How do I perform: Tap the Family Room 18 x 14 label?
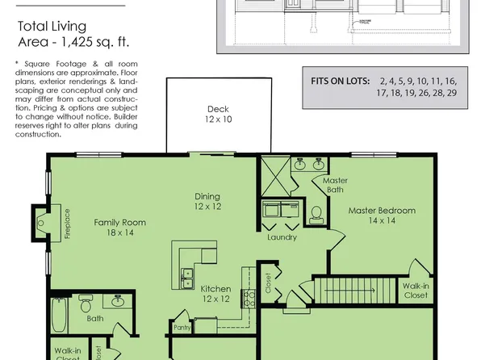(x=119, y=227)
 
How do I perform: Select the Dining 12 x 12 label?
(x=207, y=201)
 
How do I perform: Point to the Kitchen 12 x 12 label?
(x=215, y=294)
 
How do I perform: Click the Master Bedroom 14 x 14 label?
(x=382, y=216)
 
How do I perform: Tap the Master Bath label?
(x=334, y=185)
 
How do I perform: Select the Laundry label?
(x=282, y=237)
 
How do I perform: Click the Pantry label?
(x=182, y=327)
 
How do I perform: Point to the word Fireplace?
(x=67, y=223)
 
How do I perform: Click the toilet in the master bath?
(x=316, y=214)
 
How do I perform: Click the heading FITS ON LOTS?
(x=339, y=82)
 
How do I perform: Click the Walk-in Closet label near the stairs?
(x=416, y=291)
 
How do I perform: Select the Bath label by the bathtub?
(x=94, y=318)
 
